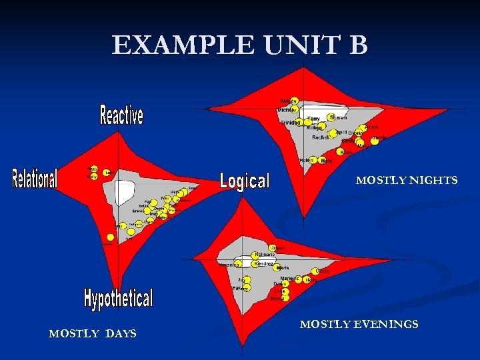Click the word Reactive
(x=121, y=115)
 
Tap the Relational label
(x=35, y=178)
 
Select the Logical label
(x=245, y=180)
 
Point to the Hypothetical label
(x=118, y=298)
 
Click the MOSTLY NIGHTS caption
(x=407, y=180)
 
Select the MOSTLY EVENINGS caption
(x=359, y=324)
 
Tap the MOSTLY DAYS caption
(x=92, y=333)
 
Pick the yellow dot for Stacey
(x=294, y=101)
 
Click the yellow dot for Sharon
(x=332, y=117)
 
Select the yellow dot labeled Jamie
(x=375, y=141)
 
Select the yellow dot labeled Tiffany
(x=247, y=287)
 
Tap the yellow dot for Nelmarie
(x=255, y=255)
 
